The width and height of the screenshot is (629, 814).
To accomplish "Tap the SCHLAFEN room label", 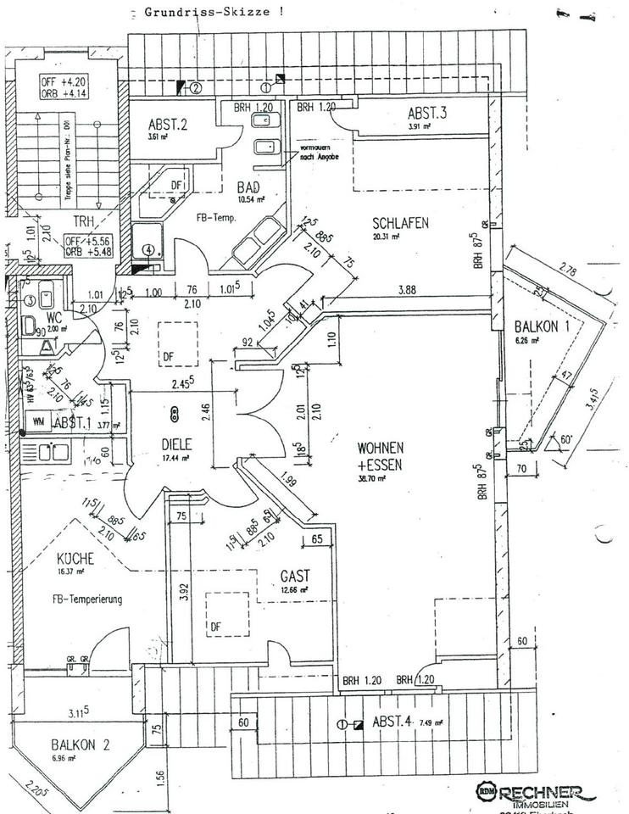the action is click(x=400, y=223).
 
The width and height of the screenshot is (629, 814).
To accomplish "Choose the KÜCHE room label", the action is click(x=75, y=560).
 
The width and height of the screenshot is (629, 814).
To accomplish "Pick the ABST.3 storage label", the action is click(x=427, y=114).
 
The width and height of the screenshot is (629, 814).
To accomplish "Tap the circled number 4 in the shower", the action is click(x=148, y=250).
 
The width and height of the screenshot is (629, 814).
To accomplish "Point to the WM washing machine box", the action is click(x=38, y=420).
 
